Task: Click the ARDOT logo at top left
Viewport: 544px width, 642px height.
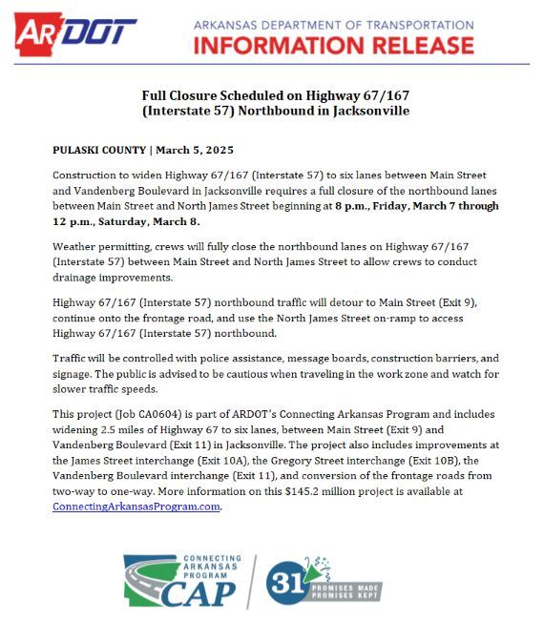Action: click(74, 34)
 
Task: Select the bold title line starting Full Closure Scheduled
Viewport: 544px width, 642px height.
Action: click(275, 95)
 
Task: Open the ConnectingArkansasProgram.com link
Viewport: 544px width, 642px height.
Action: click(136, 507)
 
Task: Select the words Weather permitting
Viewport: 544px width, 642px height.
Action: click(99, 246)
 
